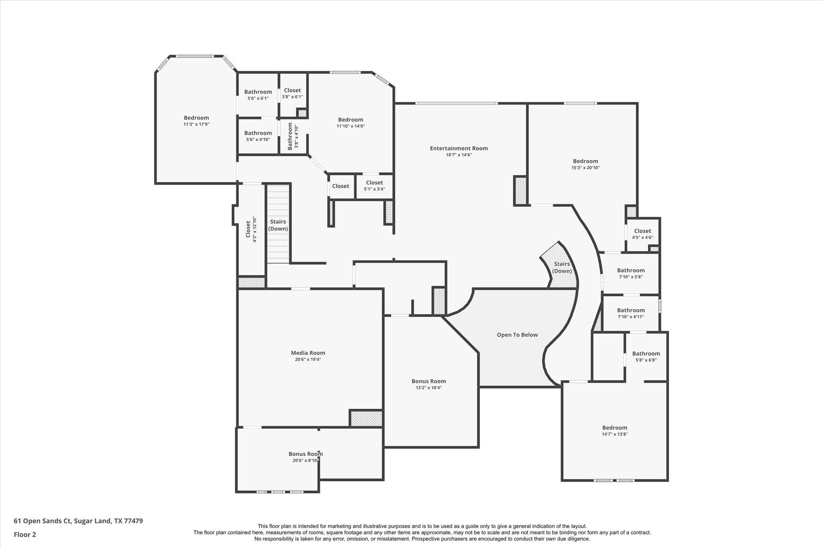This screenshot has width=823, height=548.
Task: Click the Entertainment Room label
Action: point(459,148)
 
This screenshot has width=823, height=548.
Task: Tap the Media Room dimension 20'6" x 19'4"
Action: point(308,359)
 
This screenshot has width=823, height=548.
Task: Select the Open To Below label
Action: point(517,335)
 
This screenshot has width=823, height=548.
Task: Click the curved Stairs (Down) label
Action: point(561,267)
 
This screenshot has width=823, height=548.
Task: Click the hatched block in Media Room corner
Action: point(366,418)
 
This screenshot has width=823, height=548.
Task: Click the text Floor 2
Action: point(25,534)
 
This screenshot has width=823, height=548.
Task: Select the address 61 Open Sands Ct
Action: point(78,521)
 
